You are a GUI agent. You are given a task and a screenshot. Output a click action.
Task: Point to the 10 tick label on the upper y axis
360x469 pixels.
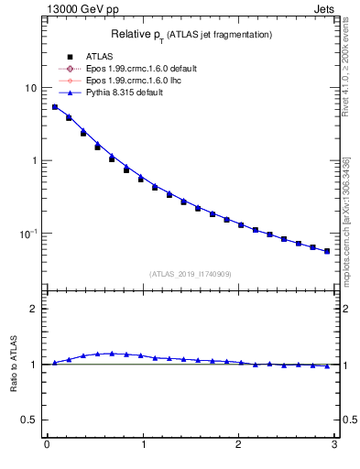point(29,88)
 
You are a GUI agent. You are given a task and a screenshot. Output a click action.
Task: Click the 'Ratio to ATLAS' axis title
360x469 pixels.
point(12,364)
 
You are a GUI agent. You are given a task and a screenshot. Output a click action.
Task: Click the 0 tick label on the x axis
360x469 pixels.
point(46,446)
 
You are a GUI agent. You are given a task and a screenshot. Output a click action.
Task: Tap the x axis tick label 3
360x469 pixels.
point(334,446)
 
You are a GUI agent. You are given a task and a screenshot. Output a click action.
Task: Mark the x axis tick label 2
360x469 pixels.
point(238,446)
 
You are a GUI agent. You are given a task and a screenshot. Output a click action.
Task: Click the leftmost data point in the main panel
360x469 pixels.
point(55,107)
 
